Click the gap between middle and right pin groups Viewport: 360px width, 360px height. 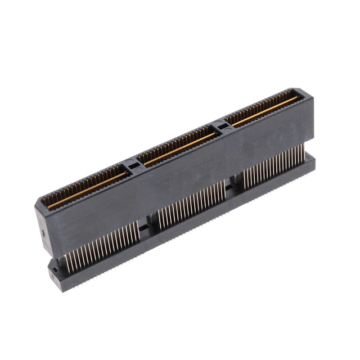click(233, 188)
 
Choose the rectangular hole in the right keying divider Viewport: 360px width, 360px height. click(224, 128)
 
